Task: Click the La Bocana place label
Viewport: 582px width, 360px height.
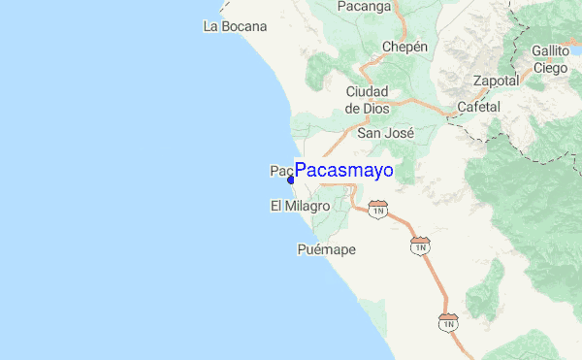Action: tap(235, 26)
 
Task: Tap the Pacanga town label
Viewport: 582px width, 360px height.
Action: tap(364, 7)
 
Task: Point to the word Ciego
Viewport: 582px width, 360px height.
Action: tap(549, 68)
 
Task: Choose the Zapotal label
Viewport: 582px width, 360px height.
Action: tap(496, 81)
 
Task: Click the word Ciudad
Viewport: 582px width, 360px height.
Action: tap(367, 91)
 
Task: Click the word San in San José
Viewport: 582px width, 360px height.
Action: tap(370, 133)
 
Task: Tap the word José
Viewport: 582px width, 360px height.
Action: tap(400, 133)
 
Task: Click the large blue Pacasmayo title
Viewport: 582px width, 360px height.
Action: tap(343, 171)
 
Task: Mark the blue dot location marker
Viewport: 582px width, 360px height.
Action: tap(290, 179)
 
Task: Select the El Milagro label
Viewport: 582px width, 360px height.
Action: tap(300, 207)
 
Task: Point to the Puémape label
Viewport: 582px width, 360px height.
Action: tap(325, 249)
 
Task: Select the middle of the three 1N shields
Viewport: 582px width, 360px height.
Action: tap(420, 245)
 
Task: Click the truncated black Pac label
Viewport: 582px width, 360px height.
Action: tap(280, 171)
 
